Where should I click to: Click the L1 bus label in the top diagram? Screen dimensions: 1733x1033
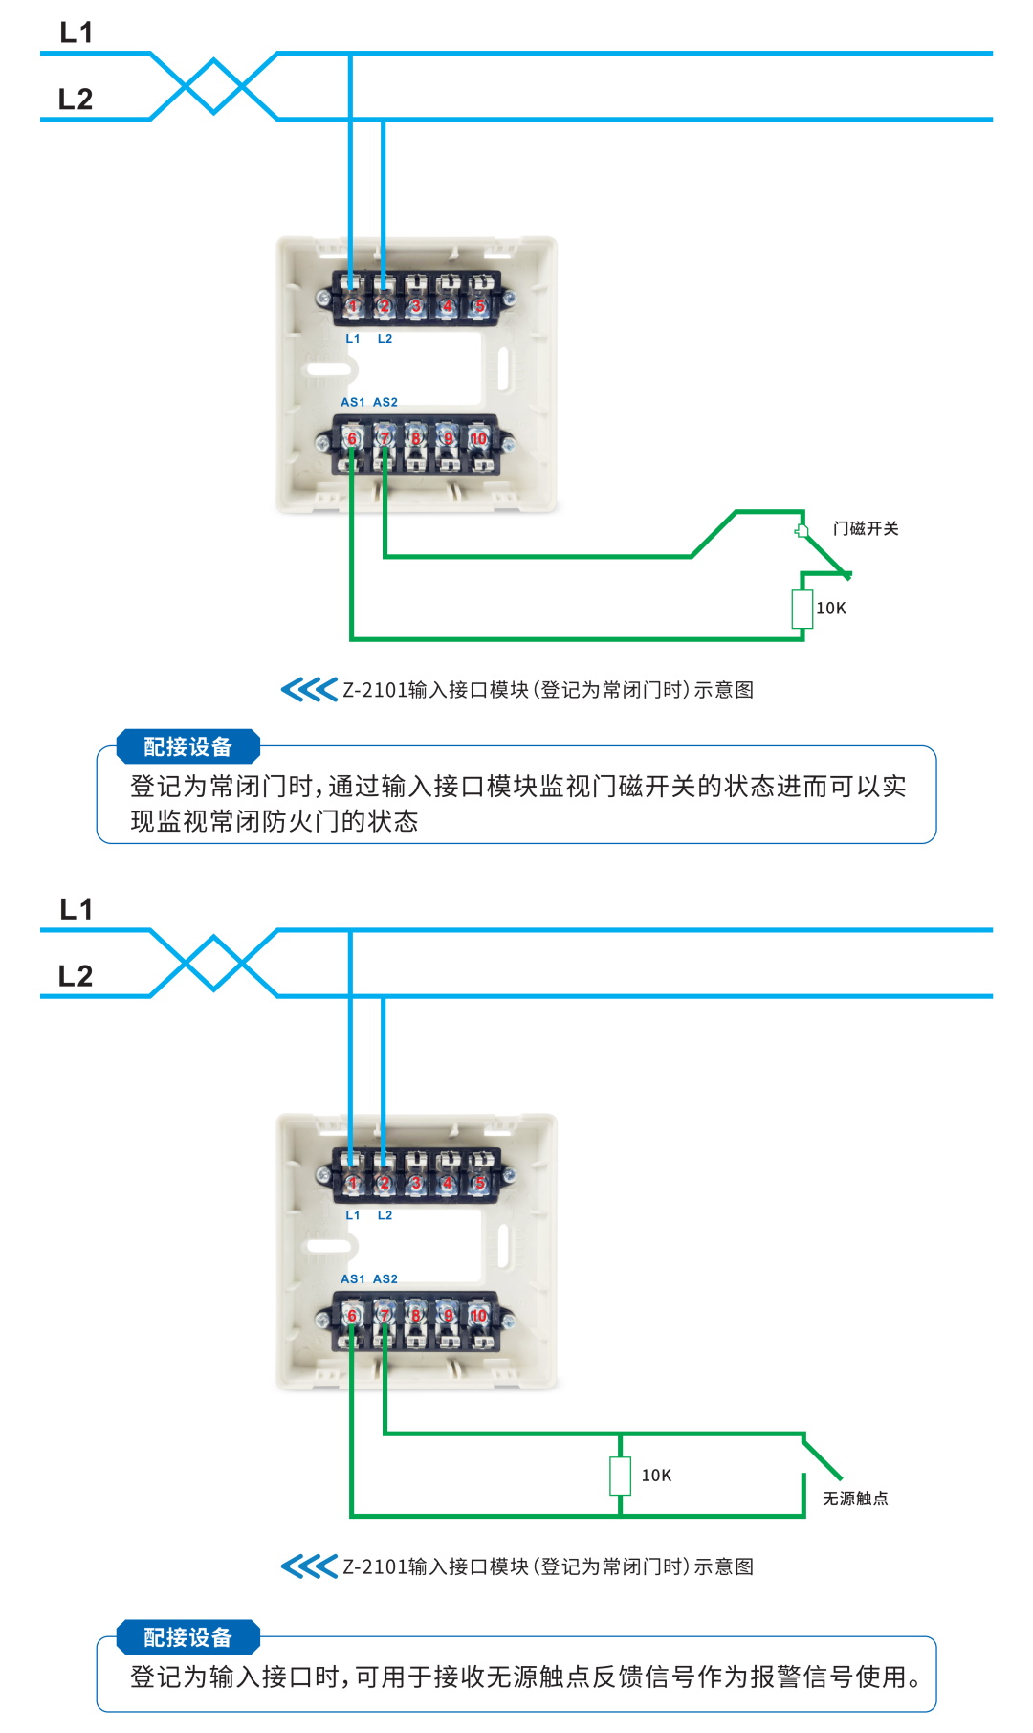click(x=76, y=33)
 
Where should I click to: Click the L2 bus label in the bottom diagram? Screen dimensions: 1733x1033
click(x=76, y=976)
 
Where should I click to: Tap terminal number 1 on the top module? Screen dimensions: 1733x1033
click(x=352, y=306)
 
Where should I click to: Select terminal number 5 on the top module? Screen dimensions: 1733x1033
click(x=480, y=306)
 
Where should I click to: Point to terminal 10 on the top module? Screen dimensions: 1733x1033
click(x=478, y=438)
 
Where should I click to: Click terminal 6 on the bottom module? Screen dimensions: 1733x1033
click(x=352, y=1316)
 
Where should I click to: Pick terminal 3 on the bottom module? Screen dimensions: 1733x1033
click(x=416, y=1184)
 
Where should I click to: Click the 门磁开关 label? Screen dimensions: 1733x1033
click(x=866, y=528)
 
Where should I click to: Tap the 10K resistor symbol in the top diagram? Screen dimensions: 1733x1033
click(x=802, y=609)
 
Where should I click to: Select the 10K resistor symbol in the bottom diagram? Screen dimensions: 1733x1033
click(x=621, y=1476)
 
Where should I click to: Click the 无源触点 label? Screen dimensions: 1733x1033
click(x=855, y=1499)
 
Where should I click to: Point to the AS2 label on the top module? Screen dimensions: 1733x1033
click(x=385, y=402)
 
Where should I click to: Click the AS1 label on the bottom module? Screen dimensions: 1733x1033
click(x=352, y=1278)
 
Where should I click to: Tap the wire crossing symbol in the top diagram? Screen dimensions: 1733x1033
click(x=214, y=86)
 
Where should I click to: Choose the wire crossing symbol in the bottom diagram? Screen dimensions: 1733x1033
click(x=214, y=963)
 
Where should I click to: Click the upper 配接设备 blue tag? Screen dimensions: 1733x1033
click(x=187, y=746)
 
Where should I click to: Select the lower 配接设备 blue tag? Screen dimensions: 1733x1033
click(x=187, y=1637)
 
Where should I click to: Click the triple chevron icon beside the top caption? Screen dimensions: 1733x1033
click(x=308, y=690)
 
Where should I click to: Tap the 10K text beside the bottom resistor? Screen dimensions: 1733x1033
click(x=656, y=1476)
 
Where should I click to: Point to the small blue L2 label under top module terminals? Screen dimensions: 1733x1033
click(x=385, y=339)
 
